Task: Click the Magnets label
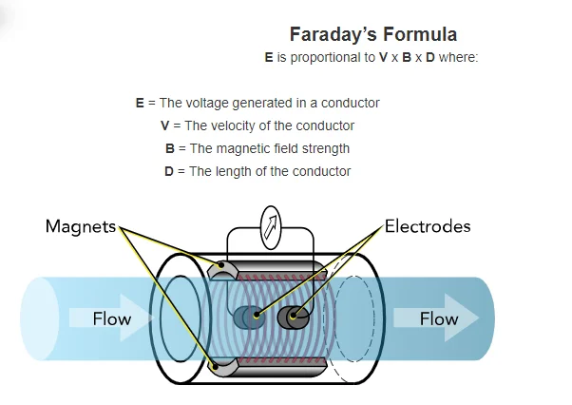click(80, 226)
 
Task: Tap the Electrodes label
click(427, 226)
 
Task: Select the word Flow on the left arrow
click(111, 318)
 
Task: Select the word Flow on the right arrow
click(438, 318)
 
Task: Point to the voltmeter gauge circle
click(271, 225)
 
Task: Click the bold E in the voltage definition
click(140, 103)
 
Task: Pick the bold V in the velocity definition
click(166, 125)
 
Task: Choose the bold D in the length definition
click(169, 171)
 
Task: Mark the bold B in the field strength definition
click(169, 148)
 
